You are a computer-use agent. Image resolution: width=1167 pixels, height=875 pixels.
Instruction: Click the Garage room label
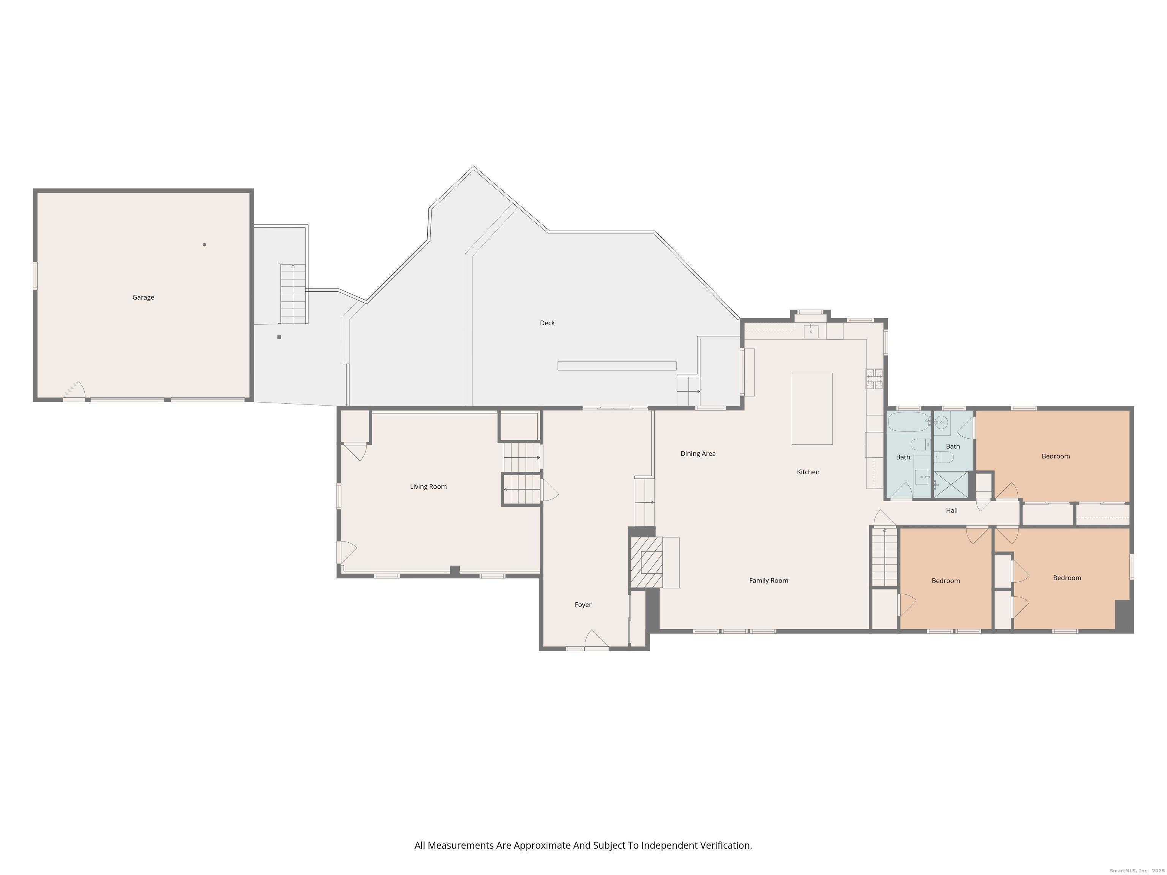coord(143,297)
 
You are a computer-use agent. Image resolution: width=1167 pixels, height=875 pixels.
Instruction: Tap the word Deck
coord(547,323)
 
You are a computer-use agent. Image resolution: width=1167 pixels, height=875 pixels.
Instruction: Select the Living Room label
coord(429,487)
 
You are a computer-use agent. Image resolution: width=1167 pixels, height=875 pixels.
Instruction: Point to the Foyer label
coord(583,605)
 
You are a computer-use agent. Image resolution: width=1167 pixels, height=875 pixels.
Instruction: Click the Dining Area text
coord(698,453)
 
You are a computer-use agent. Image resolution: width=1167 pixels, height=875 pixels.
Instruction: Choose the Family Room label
coord(769,581)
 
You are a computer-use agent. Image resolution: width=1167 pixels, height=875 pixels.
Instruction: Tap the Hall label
coord(952,510)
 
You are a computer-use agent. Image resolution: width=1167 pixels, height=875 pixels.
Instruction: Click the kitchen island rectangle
coord(812,409)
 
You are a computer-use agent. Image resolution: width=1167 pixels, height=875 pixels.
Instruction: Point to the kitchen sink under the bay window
coord(811,331)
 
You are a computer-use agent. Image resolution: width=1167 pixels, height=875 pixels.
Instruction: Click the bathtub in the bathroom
coord(908,422)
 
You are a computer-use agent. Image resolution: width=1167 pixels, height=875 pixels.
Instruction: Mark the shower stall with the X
coord(951,484)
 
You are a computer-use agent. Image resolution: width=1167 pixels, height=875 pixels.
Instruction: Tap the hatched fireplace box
coord(647,562)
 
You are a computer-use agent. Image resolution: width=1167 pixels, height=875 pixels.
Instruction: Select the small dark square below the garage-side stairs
coord(279,337)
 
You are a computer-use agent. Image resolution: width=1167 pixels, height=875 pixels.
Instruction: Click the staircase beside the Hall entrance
coord(884,557)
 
